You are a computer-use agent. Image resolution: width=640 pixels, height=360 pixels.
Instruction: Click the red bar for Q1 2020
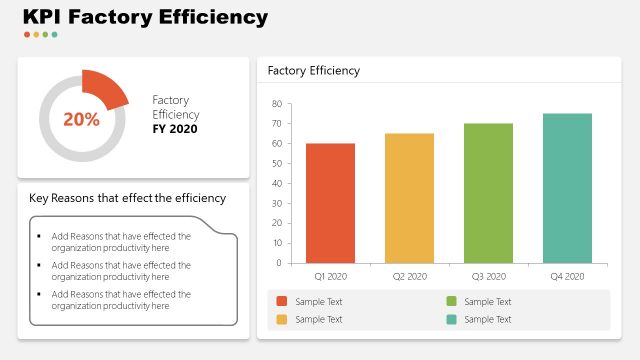(x=330, y=203)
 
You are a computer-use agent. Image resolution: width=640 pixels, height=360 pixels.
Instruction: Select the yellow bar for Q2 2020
(x=409, y=198)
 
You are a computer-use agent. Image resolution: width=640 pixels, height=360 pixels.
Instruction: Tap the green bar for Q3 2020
(x=488, y=193)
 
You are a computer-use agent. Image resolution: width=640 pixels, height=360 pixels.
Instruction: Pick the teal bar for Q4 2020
(x=567, y=188)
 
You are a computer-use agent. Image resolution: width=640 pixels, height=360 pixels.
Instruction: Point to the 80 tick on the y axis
(x=277, y=104)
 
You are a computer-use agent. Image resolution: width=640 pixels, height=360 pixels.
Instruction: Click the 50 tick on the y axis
(x=277, y=163)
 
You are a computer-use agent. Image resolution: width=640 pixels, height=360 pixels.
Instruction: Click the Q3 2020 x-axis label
(x=488, y=276)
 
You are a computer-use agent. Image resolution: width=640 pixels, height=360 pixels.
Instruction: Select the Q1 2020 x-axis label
(x=330, y=276)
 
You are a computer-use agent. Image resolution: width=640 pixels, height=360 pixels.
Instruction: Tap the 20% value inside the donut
(x=81, y=120)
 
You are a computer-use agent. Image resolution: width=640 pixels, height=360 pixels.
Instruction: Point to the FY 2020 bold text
(x=175, y=129)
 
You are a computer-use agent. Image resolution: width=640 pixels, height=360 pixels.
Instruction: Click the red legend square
(x=281, y=301)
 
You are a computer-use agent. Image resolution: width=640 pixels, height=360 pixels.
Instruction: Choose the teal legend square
(x=451, y=319)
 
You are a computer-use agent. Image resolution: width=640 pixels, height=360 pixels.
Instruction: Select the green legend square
(x=451, y=301)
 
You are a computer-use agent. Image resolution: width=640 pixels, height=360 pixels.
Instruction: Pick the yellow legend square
(x=281, y=319)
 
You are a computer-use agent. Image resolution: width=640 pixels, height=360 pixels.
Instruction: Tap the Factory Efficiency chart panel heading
(x=313, y=71)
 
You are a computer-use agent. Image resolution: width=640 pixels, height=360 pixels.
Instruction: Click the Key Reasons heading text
(x=127, y=198)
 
